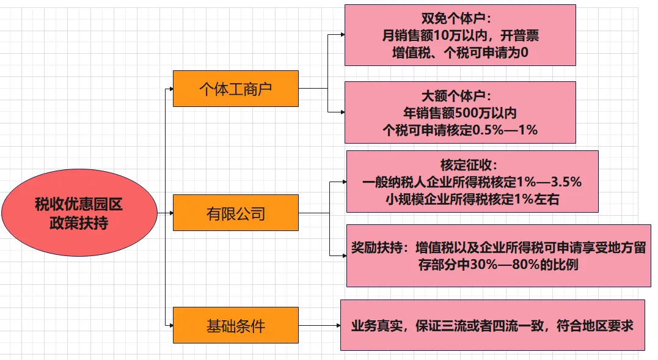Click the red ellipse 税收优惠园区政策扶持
tap(79, 213)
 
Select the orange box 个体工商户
tap(236, 89)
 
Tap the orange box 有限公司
tap(236, 213)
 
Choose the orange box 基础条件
tap(236, 325)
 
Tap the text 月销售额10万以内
tap(426, 35)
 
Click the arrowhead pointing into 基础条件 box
tap(170, 325)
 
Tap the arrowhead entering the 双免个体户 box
tap(342, 35)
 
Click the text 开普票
tap(520, 35)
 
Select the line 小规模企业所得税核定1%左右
tap(472, 199)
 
